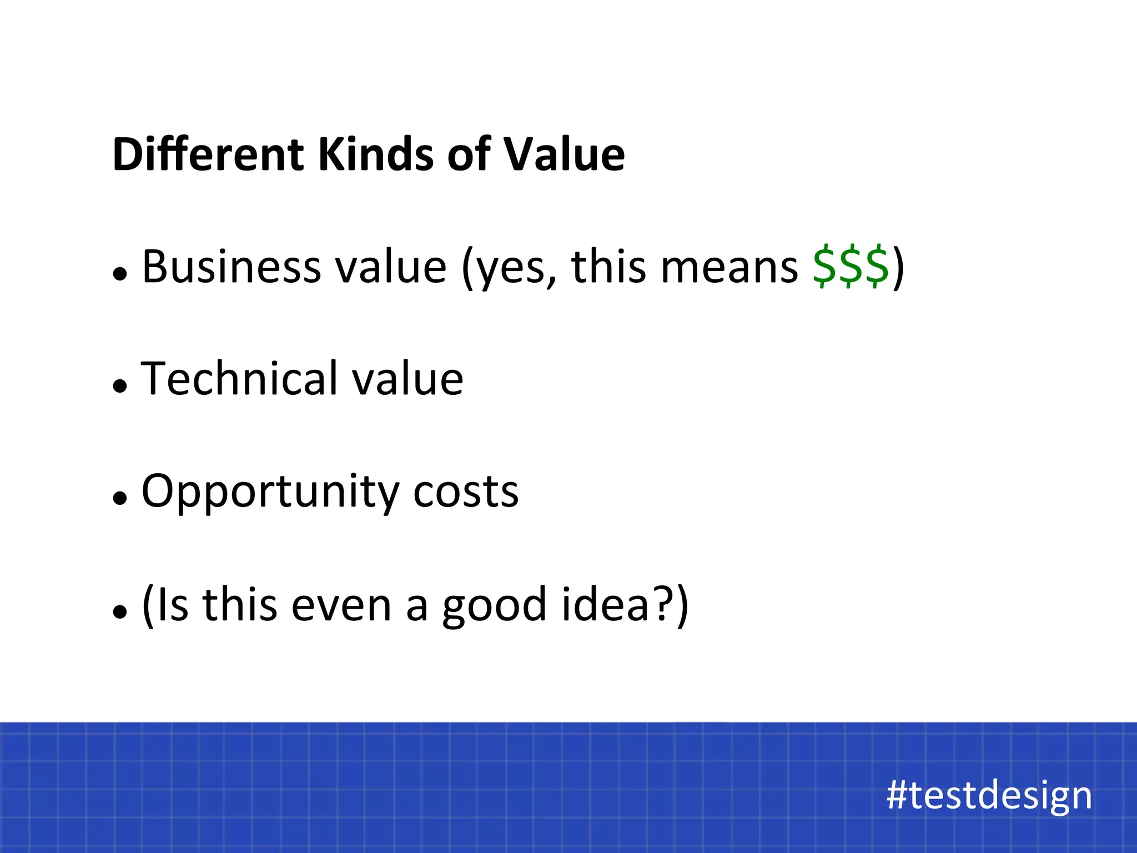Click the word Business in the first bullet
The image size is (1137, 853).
coord(231,267)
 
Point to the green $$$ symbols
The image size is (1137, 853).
coord(851,267)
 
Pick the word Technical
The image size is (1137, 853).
coord(240,379)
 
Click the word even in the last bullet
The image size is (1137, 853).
coord(341,605)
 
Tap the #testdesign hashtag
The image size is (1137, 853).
coord(989,795)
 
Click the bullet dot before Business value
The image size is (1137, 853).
coord(120,273)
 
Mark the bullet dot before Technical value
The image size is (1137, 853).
coord(120,385)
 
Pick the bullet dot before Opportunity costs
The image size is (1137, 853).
coord(120,498)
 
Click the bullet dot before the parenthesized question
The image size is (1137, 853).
coord(120,611)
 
